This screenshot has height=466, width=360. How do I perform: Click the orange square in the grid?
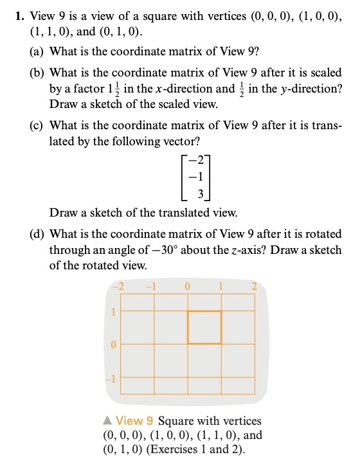[x=204, y=327]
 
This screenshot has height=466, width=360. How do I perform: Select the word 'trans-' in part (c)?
[x=323, y=125]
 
